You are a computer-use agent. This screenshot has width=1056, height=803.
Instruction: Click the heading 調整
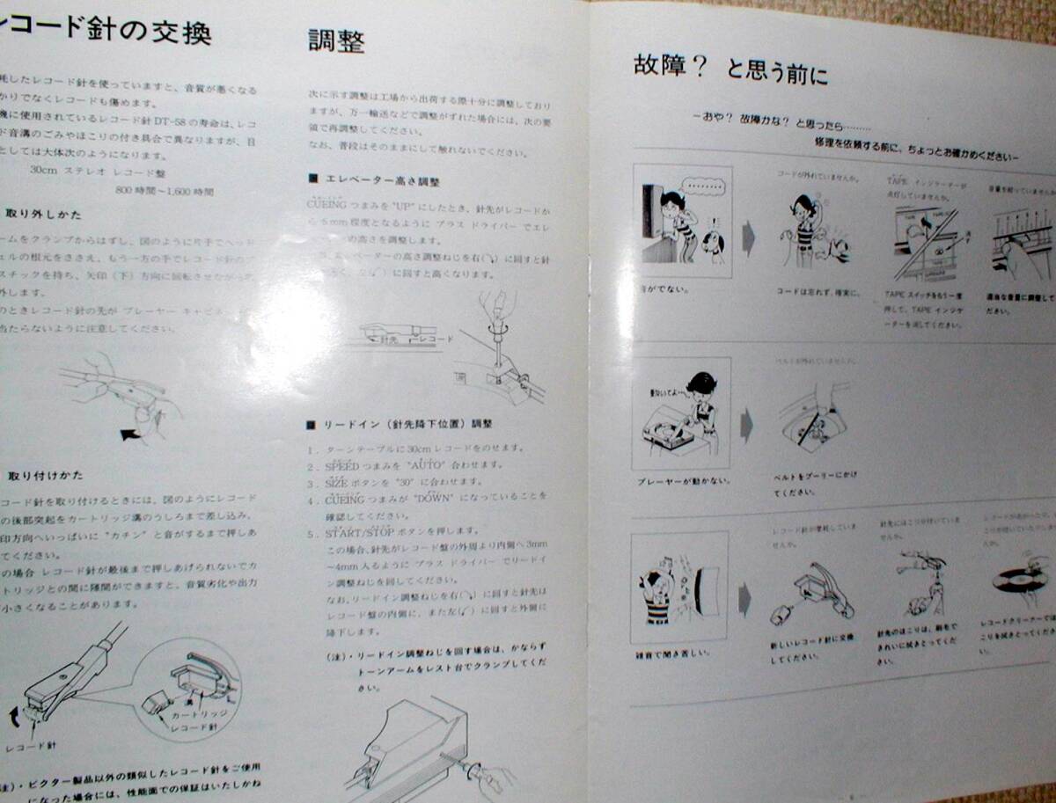click(336, 41)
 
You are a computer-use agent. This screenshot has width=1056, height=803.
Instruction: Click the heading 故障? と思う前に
click(730, 68)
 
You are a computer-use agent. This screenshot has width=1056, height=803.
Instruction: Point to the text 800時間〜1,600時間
click(165, 190)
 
